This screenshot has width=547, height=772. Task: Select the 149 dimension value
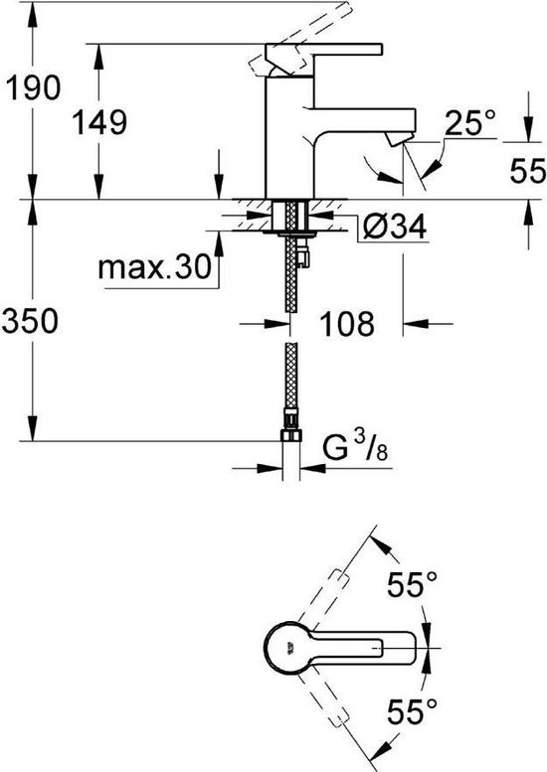[x=99, y=124]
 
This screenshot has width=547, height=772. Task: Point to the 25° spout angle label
[x=469, y=124]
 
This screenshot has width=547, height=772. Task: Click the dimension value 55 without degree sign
[x=526, y=172]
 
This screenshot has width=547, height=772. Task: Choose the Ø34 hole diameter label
[x=396, y=229]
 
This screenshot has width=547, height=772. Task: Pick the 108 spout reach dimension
[x=347, y=322]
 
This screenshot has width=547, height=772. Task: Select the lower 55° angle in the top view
[x=411, y=711]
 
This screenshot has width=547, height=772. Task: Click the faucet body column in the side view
[x=288, y=139]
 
